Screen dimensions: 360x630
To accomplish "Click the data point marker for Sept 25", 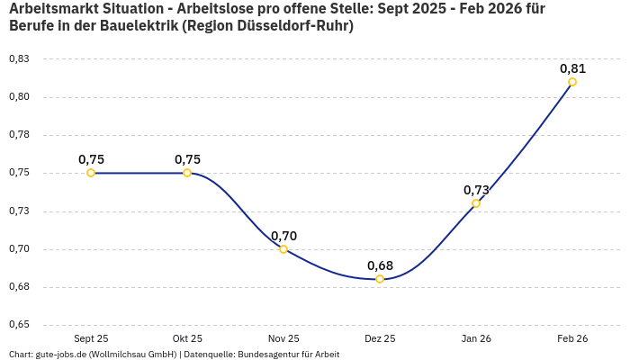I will coord(91,173).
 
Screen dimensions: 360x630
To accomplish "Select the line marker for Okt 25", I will coord(187,173).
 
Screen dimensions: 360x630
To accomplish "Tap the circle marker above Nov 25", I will coord(283,249).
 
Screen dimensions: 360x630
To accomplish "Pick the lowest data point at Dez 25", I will coord(380,279).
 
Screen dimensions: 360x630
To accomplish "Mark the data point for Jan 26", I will coord(476,203).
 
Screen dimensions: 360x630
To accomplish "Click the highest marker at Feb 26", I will coord(572,82).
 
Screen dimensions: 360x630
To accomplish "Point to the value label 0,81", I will coord(572,68).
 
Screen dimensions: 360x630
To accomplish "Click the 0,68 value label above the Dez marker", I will coord(380,265).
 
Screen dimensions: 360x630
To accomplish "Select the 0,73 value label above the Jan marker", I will coord(476,190).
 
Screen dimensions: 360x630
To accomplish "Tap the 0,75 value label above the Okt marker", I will coord(187,159).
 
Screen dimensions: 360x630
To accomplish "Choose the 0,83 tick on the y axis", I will coord(18,59).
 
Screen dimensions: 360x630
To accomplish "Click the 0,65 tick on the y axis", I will coord(18,325).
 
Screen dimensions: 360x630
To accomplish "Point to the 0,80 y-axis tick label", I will coord(18,97).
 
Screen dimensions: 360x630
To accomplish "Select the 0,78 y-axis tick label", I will coord(18,135).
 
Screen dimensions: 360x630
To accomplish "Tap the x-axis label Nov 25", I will coord(283,338).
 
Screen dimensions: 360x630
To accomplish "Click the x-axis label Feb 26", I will coord(572,338).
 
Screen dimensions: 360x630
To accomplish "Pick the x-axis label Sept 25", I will coord(91,338).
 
